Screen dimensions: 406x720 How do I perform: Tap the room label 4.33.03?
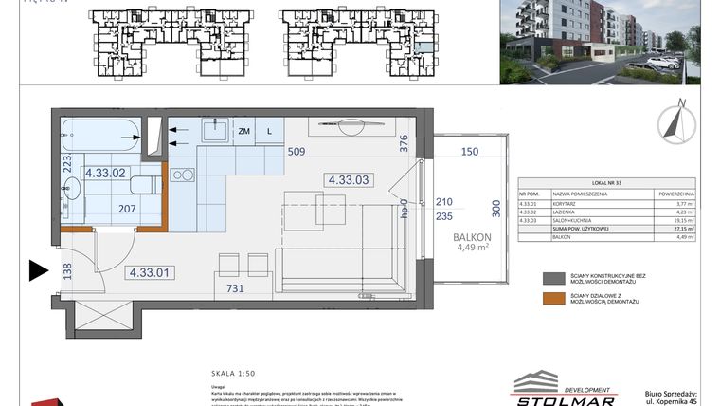click(x=349, y=177)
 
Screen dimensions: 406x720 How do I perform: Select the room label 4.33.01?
click(x=150, y=273)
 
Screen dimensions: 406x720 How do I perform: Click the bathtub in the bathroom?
click(x=99, y=134)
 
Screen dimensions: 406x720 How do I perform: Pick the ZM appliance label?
click(x=244, y=132)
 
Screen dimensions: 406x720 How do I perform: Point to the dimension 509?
click(x=297, y=152)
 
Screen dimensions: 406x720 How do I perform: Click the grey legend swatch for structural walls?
click(x=553, y=279)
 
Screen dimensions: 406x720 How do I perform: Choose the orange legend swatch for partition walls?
click(x=553, y=301)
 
